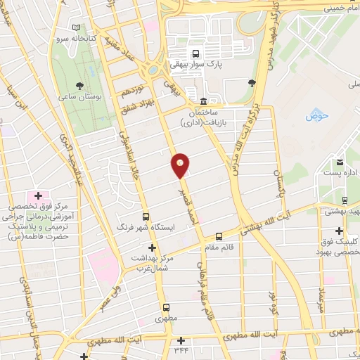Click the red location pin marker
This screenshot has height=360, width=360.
pos(181,165)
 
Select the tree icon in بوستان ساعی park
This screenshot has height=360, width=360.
pos(90,71)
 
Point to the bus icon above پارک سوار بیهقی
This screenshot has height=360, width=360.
pos(195,52)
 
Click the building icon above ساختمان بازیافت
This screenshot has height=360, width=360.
pos(203,100)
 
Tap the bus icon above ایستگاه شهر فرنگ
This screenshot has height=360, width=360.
pos(146,217)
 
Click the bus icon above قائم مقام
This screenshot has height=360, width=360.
pos(219,236)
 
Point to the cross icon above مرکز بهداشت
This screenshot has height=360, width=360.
pos(152,247)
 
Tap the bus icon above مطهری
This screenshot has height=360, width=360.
pos(167,307)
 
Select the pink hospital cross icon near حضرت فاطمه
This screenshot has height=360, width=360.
pos(38,195)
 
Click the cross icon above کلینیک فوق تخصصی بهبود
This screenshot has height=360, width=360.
pos(339,230)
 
